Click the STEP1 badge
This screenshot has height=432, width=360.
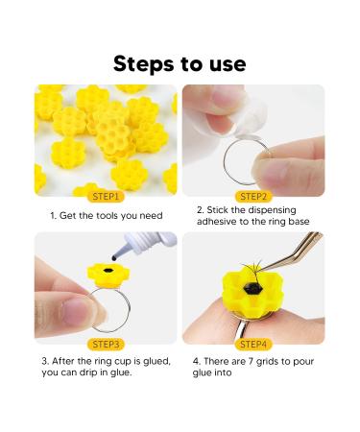coord(107,196)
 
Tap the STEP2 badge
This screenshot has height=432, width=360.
coord(254,196)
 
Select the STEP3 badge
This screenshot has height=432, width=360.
coord(107,343)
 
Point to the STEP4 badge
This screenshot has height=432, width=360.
coord(254,343)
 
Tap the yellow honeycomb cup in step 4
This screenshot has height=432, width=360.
coord(258,292)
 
